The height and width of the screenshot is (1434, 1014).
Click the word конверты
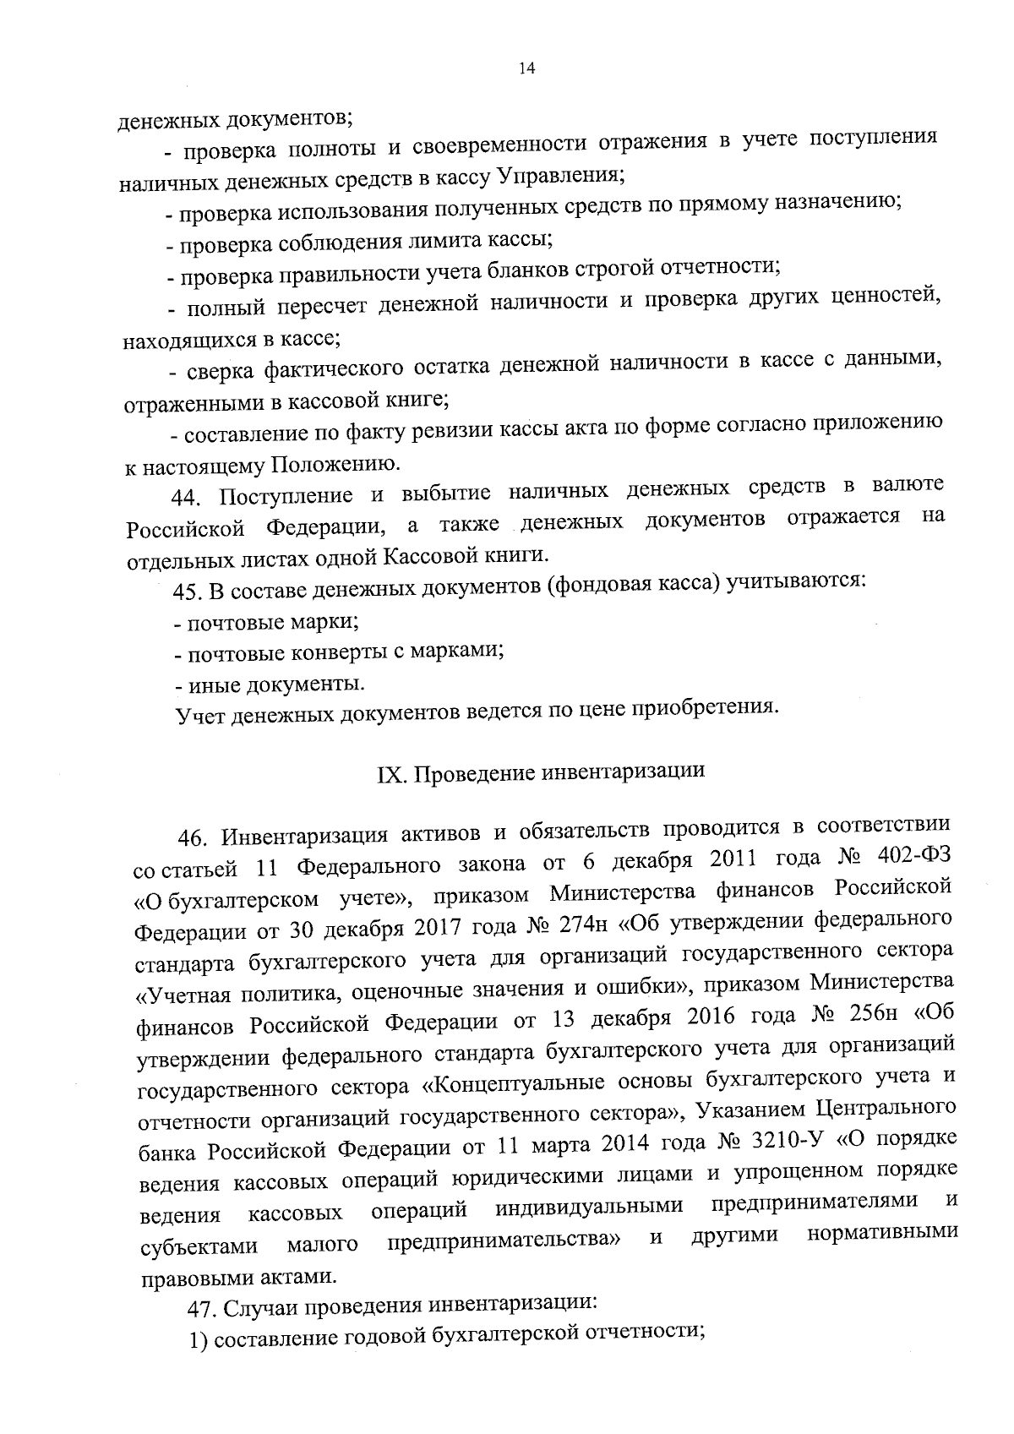331,653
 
